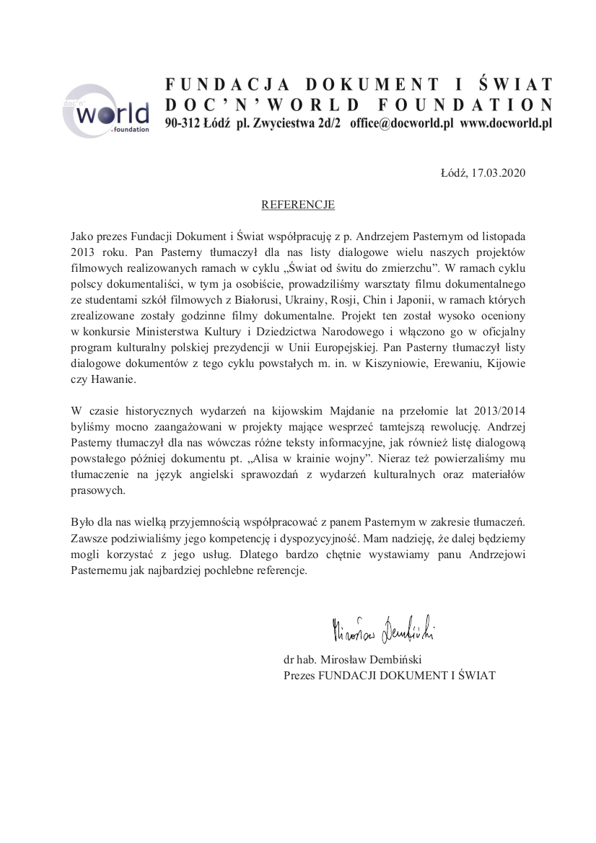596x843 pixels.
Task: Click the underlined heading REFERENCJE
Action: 298,205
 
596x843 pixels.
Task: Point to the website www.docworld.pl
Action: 506,123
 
